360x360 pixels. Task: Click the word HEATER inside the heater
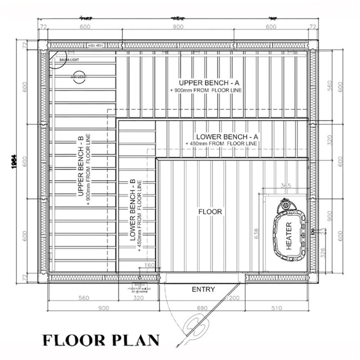pos(289,236)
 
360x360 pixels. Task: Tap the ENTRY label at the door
pos(203,289)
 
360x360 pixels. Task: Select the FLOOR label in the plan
pos(210,211)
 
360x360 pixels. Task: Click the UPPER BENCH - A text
pos(206,83)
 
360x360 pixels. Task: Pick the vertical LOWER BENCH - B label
pos(133,210)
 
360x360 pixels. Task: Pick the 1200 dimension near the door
pos(233,298)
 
